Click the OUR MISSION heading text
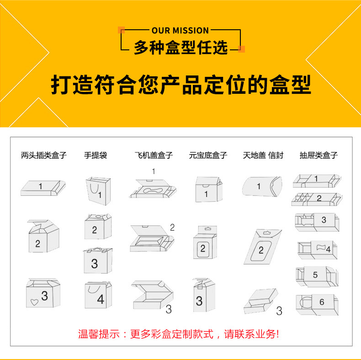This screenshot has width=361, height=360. (x=180, y=31)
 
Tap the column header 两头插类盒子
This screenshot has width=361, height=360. (x=44, y=156)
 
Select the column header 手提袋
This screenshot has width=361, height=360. (x=96, y=156)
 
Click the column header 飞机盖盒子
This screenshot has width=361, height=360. (x=154, y=156)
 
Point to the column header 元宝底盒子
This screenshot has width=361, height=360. (x=208, y=156)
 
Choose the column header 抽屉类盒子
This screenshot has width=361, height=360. (x=319, y=156)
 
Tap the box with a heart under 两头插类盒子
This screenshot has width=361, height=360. (x=42, y=293)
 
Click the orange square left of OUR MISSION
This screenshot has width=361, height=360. (x=121, y=30)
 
